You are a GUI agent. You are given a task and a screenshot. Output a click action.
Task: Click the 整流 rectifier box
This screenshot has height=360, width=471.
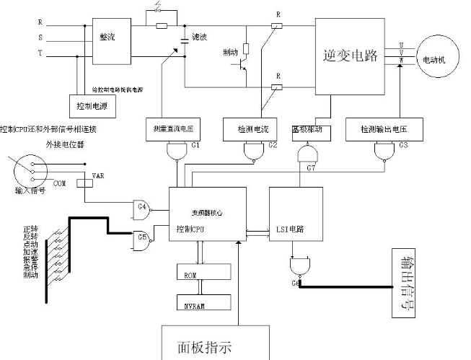click(x=107, y=35)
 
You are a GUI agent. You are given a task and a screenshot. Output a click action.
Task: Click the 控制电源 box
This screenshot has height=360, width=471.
click(x=91, y=105)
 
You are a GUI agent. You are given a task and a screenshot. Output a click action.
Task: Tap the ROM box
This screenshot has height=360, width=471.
click(x=203, y=273)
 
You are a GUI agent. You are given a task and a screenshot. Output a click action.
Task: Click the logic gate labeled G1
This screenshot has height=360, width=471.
click(x=177, y=150)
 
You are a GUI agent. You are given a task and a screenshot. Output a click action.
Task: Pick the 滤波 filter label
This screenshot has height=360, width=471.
click(x=200, y=37)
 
